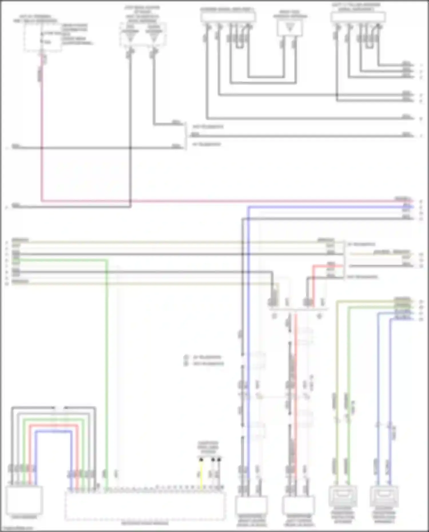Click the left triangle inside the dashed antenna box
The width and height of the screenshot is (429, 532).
click(x=130, y=37)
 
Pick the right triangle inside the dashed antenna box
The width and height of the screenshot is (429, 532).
click(x=154, y=37)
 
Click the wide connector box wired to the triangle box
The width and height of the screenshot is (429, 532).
click(x=228, y=17)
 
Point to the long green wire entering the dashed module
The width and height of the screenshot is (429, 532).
click(x=107, y=372)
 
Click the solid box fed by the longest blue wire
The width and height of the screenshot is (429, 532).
click(x=251, y=505)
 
